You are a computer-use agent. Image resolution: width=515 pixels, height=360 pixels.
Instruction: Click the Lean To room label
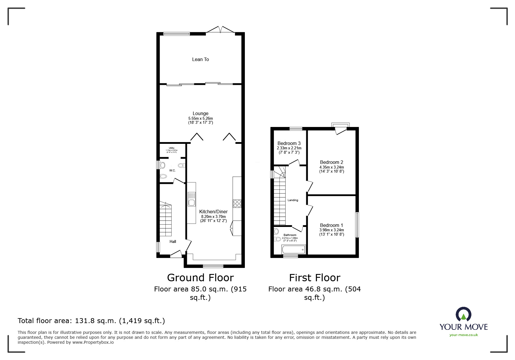tap(200, 59)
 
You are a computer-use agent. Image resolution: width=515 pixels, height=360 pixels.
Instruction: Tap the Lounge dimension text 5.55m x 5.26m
tap(200, 119)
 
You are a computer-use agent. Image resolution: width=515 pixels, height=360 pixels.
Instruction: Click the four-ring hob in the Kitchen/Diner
tap(237, 203)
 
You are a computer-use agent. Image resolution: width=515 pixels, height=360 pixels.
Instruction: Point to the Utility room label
tap(172, 148)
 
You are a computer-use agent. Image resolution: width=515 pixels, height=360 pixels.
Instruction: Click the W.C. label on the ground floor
tap(172, 171)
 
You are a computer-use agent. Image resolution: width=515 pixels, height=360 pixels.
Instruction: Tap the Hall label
tap(173, 241)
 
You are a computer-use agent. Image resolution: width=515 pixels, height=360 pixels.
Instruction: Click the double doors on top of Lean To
tap(220, 30)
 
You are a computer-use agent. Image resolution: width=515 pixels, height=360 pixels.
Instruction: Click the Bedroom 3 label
tap(289, 143)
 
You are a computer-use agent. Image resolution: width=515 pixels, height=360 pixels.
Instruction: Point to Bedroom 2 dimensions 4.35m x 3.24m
tap(332, 167)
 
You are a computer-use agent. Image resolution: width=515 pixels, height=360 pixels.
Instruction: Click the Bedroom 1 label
tap(332, 225)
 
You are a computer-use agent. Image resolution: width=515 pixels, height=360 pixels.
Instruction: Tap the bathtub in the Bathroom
tap(293, 249)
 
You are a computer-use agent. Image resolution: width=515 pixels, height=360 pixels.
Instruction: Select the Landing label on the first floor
tap(293, 200)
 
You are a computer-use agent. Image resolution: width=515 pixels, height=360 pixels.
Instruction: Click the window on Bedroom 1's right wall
tap(357, 225)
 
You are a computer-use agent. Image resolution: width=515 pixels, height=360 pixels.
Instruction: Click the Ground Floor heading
tap(200, 278)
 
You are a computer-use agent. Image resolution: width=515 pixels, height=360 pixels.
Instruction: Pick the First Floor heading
tap(314, 278)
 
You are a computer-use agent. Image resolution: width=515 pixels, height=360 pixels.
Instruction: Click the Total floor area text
tap(91, 321)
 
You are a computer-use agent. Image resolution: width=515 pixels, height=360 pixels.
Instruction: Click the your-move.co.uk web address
tap(464, 335)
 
